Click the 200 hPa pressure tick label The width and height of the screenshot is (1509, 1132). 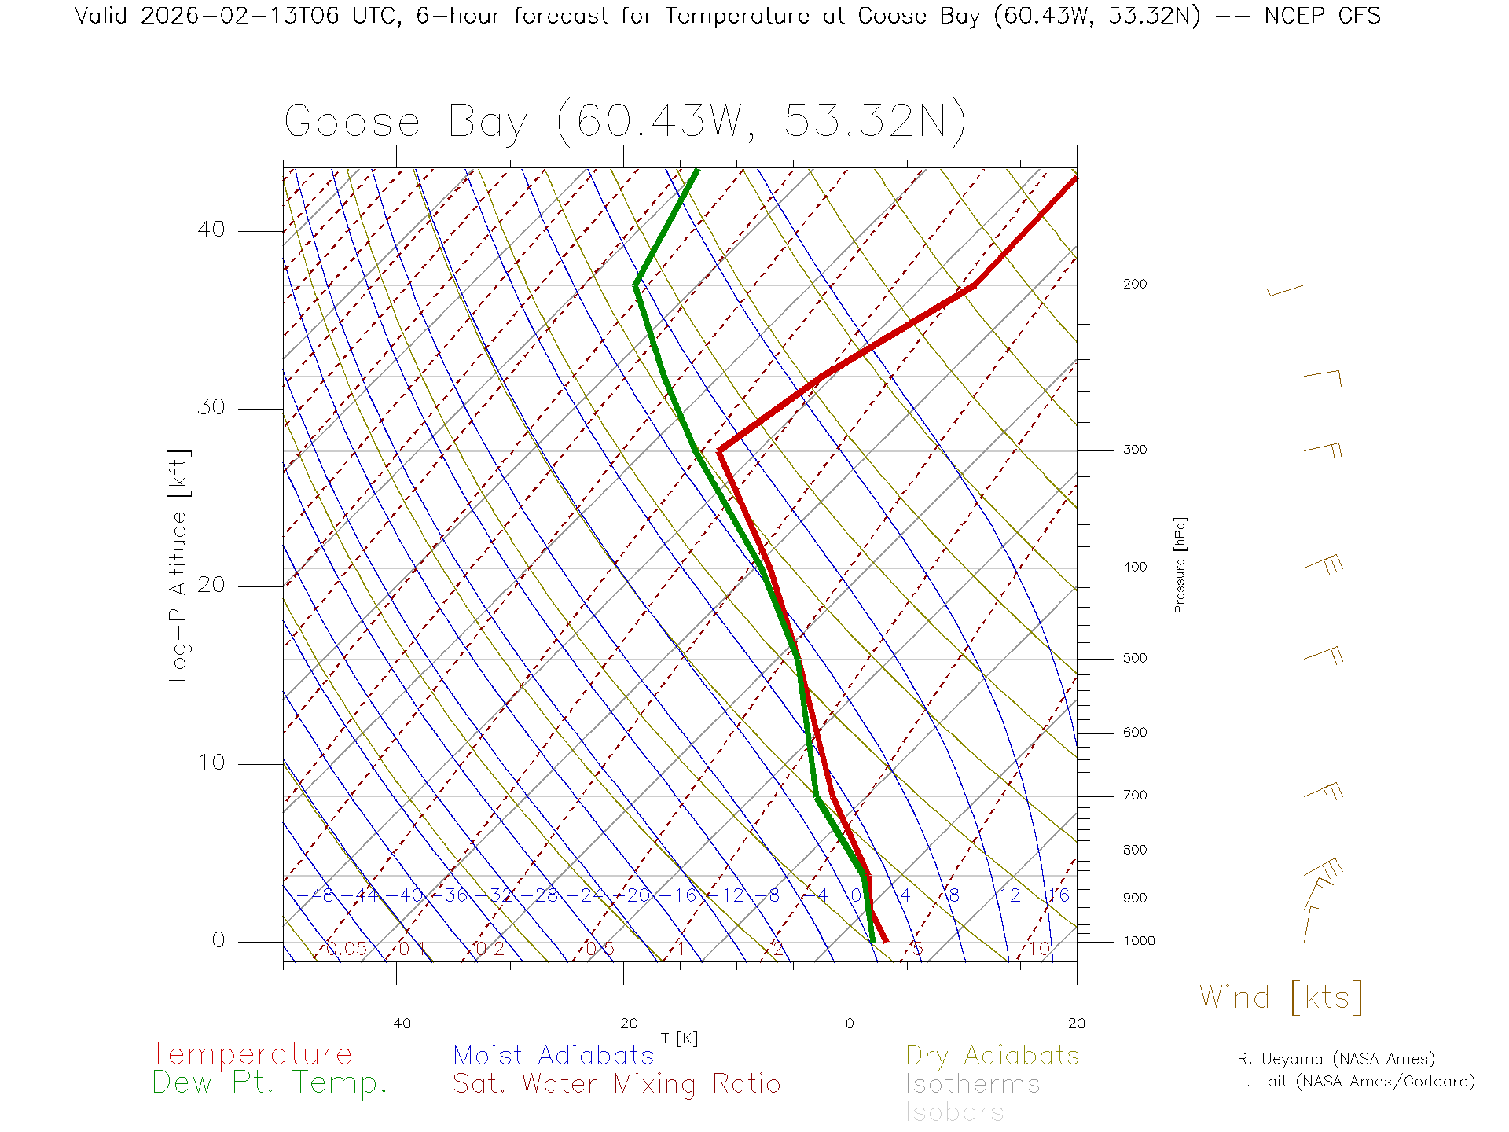tap(1134, 285)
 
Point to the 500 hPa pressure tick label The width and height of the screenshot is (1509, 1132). tap(1134, 659)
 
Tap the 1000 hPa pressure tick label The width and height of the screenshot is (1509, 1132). tap(1139, 941)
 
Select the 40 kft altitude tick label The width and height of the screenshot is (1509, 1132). tap(211, 230)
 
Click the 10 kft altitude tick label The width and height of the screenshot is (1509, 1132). tap(211, 763)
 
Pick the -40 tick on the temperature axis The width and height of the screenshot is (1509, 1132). tap(396, 1024)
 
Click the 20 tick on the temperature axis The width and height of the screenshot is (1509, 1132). tap(1076, 1024)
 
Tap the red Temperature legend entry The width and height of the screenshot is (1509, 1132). tap(251, 1054)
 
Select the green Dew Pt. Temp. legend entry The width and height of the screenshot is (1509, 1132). tap(270, 1083)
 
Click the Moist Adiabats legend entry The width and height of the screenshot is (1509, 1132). tap(553, 1055)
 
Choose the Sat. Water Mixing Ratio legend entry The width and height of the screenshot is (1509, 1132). tap(616, 1084)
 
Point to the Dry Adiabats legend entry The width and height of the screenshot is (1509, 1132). tap(992, 1055)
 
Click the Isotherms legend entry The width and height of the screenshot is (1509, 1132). tap(972, 1084)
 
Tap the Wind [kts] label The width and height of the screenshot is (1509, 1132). tap(1280, 998)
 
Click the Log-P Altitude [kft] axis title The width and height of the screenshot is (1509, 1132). tap(179, 566)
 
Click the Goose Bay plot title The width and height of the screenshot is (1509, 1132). tap(625, 122)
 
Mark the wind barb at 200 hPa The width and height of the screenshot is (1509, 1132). tap(1286, 291)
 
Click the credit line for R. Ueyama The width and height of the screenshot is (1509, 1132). tap(1335, 1059)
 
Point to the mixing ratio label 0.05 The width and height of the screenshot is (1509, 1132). tap(346, 949)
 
